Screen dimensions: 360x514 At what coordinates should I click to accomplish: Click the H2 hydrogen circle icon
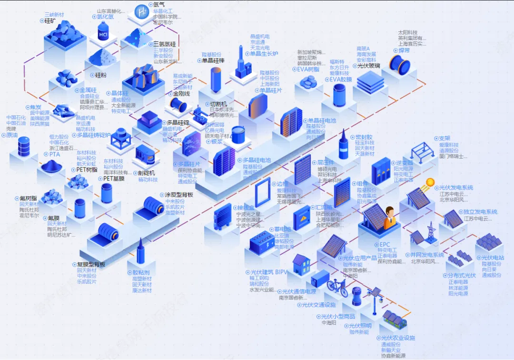(x=141, y=10)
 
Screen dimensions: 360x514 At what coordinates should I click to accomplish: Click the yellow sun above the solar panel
(x=430, y=182)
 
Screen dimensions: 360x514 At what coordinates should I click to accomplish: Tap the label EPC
(x=385, y=244)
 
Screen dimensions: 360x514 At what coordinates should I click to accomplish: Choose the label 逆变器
(x=400, y=162)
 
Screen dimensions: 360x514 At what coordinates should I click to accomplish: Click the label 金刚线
(x=181, y=94)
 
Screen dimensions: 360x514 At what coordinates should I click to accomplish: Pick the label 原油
(x=11, y=135)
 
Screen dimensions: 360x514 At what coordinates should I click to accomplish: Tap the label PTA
(x=55, y=154)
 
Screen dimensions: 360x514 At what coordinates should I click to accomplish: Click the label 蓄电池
(x=282, y=229)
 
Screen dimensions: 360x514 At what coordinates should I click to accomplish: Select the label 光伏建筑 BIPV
(x=269, y=272)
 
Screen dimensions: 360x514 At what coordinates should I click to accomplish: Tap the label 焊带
(x=404, y=50)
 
